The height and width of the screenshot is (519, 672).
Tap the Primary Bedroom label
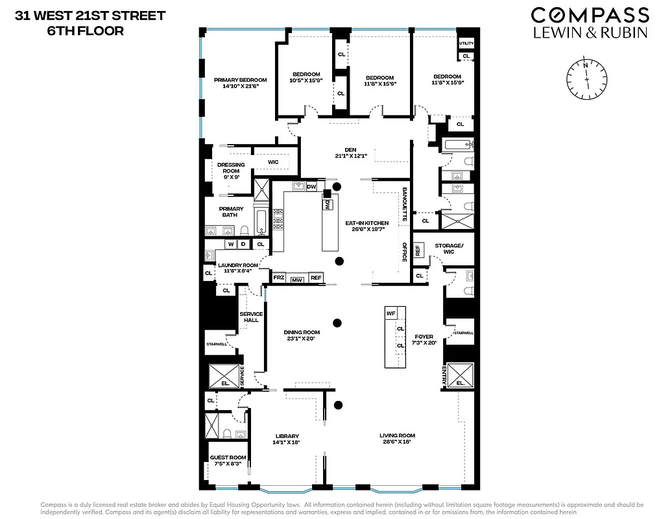[241, 83]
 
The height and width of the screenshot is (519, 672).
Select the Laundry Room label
[237, 268]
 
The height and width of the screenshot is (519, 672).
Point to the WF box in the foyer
[390, 313]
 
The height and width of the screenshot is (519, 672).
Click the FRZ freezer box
[278, 278]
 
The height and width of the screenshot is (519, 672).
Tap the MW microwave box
[297, 280]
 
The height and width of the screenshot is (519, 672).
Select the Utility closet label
[466, 43]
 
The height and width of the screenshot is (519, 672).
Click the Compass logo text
[590, 16]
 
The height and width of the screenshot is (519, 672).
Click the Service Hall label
[251, 317]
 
